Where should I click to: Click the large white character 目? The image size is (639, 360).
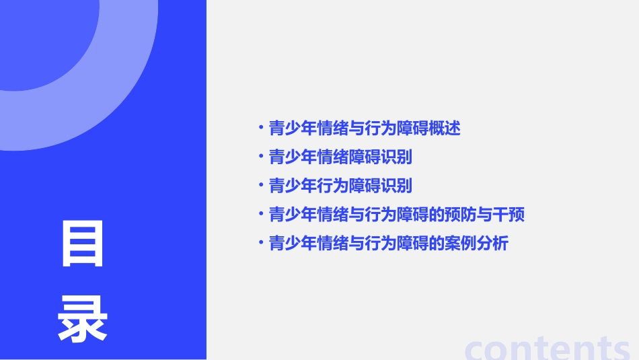83,244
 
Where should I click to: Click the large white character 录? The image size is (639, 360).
83,319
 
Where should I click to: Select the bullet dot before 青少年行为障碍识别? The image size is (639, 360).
261,185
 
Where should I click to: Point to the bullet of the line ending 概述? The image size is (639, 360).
261,127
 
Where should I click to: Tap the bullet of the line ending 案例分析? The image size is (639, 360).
261,243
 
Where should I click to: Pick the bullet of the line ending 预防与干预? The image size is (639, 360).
261,214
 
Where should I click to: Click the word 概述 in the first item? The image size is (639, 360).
445,128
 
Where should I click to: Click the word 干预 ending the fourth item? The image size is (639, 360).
509,215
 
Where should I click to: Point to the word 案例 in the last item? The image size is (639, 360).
461,244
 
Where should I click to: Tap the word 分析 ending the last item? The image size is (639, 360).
492,244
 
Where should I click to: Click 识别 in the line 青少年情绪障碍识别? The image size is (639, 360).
397,157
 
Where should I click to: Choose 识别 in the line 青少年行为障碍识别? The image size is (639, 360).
397,186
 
